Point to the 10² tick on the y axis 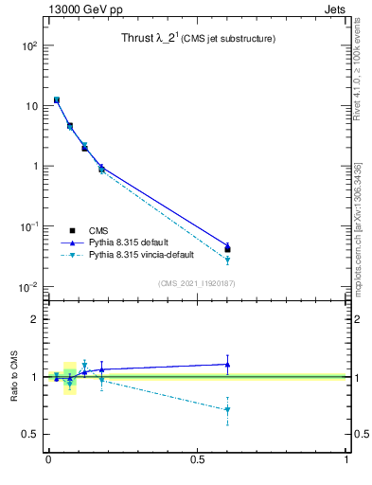[x=29, y=45]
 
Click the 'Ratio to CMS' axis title [x=14, y=376]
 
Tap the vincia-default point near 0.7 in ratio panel [x=227, y=409]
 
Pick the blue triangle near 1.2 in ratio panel [x=227, y=364]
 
